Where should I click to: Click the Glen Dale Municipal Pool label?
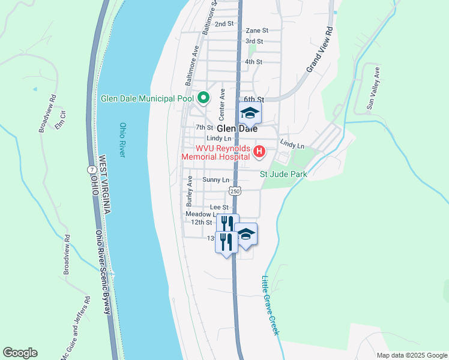147,98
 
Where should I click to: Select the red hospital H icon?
259,152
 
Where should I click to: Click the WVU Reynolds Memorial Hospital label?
217,153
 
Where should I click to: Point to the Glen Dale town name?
237,128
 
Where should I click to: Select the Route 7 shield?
90,170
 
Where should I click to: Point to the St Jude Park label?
283,174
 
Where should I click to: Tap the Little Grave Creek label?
270,305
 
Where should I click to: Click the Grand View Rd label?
319,50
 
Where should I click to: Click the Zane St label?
256,30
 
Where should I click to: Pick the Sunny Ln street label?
216,180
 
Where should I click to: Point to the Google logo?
20,353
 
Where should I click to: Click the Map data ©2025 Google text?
411,355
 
